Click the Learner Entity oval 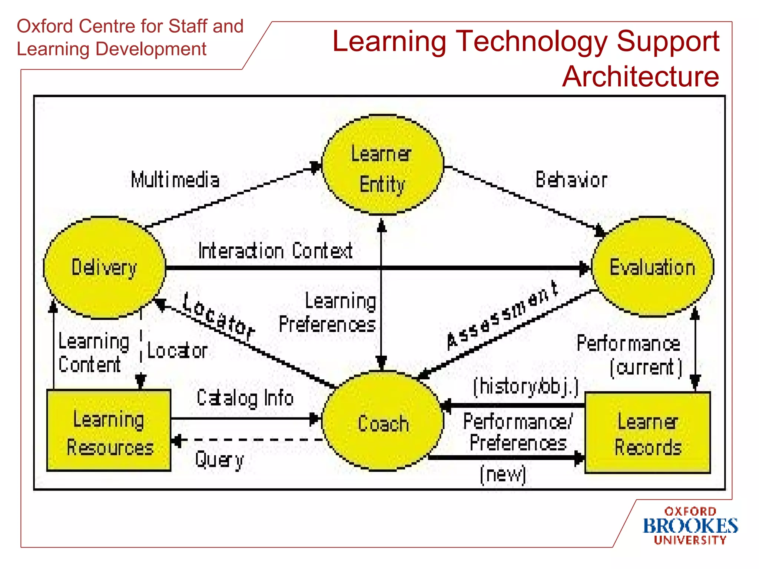382,165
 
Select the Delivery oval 104,267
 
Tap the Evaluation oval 652,267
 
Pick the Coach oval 383,422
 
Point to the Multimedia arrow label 175,180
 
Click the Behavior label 571,180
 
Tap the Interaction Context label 275,251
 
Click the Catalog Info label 245,398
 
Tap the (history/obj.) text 526,386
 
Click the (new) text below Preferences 503,475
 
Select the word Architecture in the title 640,77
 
